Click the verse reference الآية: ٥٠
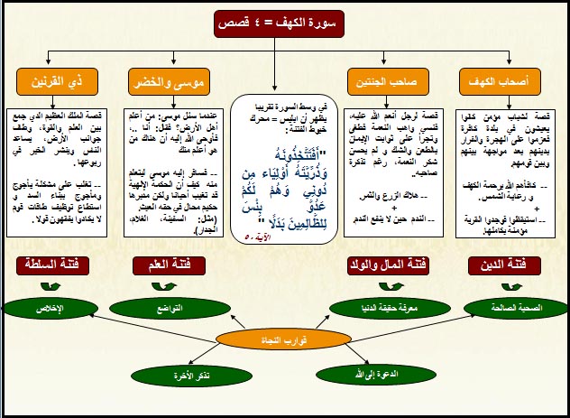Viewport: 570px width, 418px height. pos(257,237)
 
